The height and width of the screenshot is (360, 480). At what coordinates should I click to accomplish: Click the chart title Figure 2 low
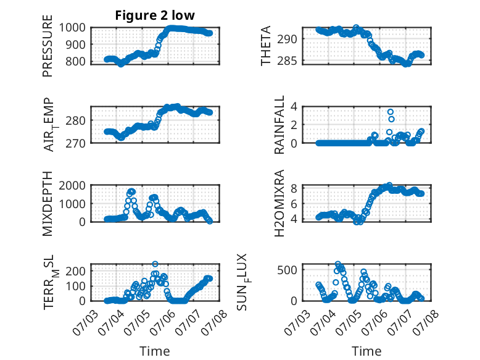155,15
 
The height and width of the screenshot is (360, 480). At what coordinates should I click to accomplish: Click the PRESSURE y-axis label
48,46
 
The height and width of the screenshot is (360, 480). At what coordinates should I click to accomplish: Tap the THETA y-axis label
266,46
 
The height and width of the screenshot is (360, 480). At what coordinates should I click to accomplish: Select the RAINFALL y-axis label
279,125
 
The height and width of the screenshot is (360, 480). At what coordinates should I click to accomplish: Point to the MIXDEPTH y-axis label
48,203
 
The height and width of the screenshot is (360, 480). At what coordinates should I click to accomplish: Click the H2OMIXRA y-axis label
279,203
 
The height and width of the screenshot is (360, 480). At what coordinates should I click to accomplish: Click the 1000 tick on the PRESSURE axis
72,28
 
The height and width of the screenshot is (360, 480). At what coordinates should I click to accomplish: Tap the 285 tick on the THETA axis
287,61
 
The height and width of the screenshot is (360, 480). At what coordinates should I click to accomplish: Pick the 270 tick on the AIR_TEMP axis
76,143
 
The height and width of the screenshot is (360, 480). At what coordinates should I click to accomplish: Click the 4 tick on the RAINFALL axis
294,107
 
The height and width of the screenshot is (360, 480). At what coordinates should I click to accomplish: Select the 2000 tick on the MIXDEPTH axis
72,185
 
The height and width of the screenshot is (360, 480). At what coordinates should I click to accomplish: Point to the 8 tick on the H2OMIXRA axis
294,188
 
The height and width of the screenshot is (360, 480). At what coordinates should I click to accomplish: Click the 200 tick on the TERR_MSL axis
76,271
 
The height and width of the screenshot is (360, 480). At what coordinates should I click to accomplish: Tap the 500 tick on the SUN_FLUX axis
287,270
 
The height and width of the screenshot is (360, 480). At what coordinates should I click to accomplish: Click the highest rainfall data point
391,112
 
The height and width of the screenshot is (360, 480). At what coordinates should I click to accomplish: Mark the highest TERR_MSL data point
155,264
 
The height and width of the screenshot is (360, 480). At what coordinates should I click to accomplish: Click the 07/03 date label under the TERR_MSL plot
85,322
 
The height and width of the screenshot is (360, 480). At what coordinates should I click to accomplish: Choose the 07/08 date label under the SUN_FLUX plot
426,322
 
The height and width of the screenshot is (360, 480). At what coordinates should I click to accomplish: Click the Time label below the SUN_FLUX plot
366,351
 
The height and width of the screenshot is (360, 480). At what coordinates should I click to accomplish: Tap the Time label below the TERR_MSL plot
155,351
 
